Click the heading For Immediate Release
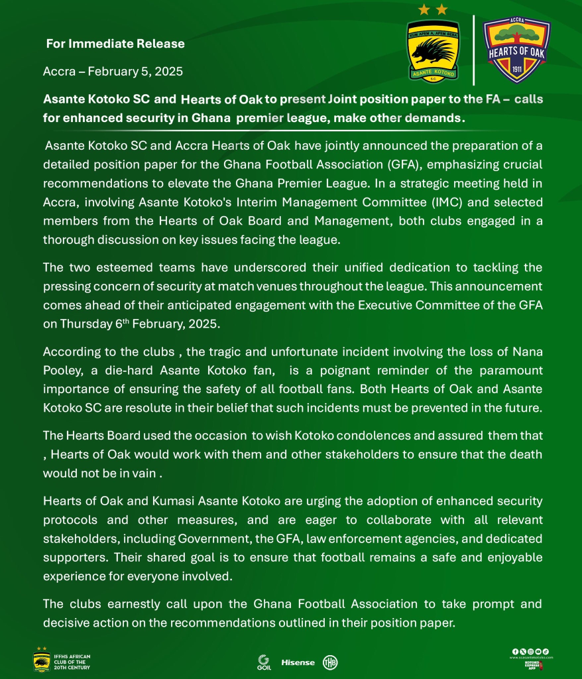click(x=115, y=44)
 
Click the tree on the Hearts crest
click(x=517, y=30)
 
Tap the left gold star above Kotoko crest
click(x=423, y=9)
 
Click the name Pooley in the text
click(x=63, y=369)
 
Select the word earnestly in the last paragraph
click(x=125, y=604)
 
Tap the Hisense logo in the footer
click(x=298, y=662)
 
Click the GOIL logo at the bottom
click(x=264, y=661)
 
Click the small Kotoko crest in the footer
click(x=42, y=660)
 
